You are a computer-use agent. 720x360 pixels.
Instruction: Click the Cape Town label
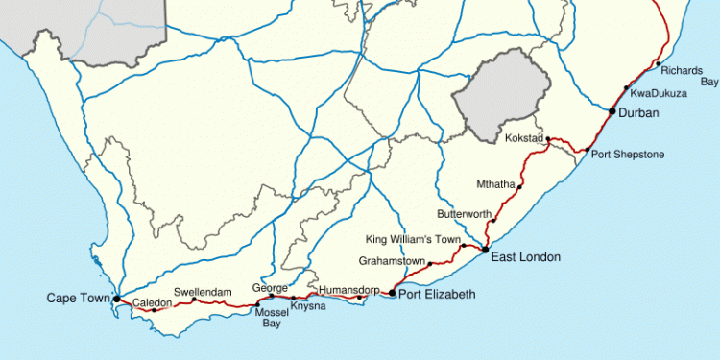pos(79,299)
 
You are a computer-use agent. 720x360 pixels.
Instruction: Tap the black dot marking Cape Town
pos(116,300)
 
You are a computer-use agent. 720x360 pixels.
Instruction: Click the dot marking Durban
pos(612,112)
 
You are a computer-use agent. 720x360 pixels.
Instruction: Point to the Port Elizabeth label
pos(437,294)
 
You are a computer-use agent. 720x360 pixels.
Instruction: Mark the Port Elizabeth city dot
pos(392,292)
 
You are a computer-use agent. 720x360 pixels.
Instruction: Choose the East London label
pos(525,257)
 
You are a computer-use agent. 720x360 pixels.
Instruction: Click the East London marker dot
pos(485,250)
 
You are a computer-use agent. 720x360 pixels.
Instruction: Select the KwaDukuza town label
pos(660,93)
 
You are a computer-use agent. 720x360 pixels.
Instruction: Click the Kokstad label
pos(524,139)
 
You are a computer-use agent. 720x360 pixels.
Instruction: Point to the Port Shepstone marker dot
pos(587,151)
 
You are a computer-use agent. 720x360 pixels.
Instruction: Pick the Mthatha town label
pos(496,183)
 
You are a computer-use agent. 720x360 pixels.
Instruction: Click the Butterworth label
pos(464,214)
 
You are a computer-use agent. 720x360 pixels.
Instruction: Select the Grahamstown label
pos(391,260)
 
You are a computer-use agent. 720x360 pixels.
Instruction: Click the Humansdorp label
pos(345,287)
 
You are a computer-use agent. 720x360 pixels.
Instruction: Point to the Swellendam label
pos(204,290)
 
